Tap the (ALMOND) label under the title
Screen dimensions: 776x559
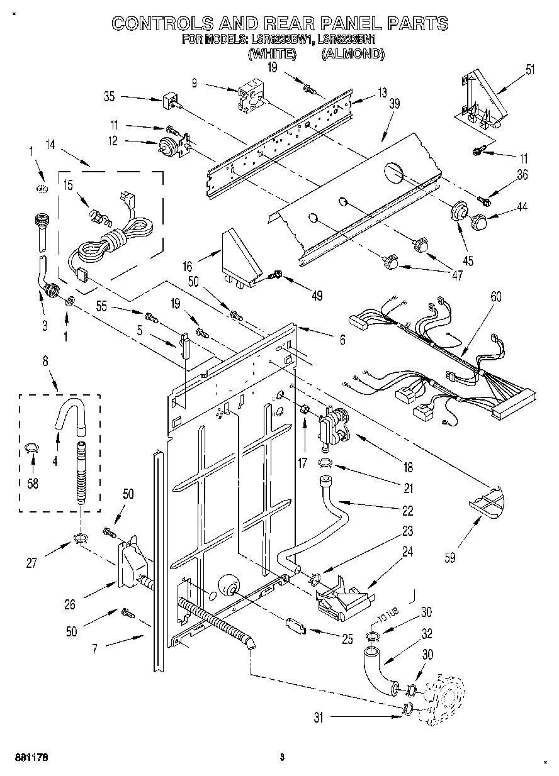pyautogui.click(x=353, y=54)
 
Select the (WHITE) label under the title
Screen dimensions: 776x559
pyautogui.click(x=272, y=54)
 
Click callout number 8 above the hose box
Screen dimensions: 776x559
pyautogui.click(x=45, y=362)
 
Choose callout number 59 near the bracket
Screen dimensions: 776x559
pyautogui.click(x=449, y=556)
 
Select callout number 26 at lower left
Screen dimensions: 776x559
pyautogui.click(x=70, y=604)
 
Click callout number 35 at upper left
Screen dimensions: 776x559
pyautogui.click(x=109, y=96)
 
